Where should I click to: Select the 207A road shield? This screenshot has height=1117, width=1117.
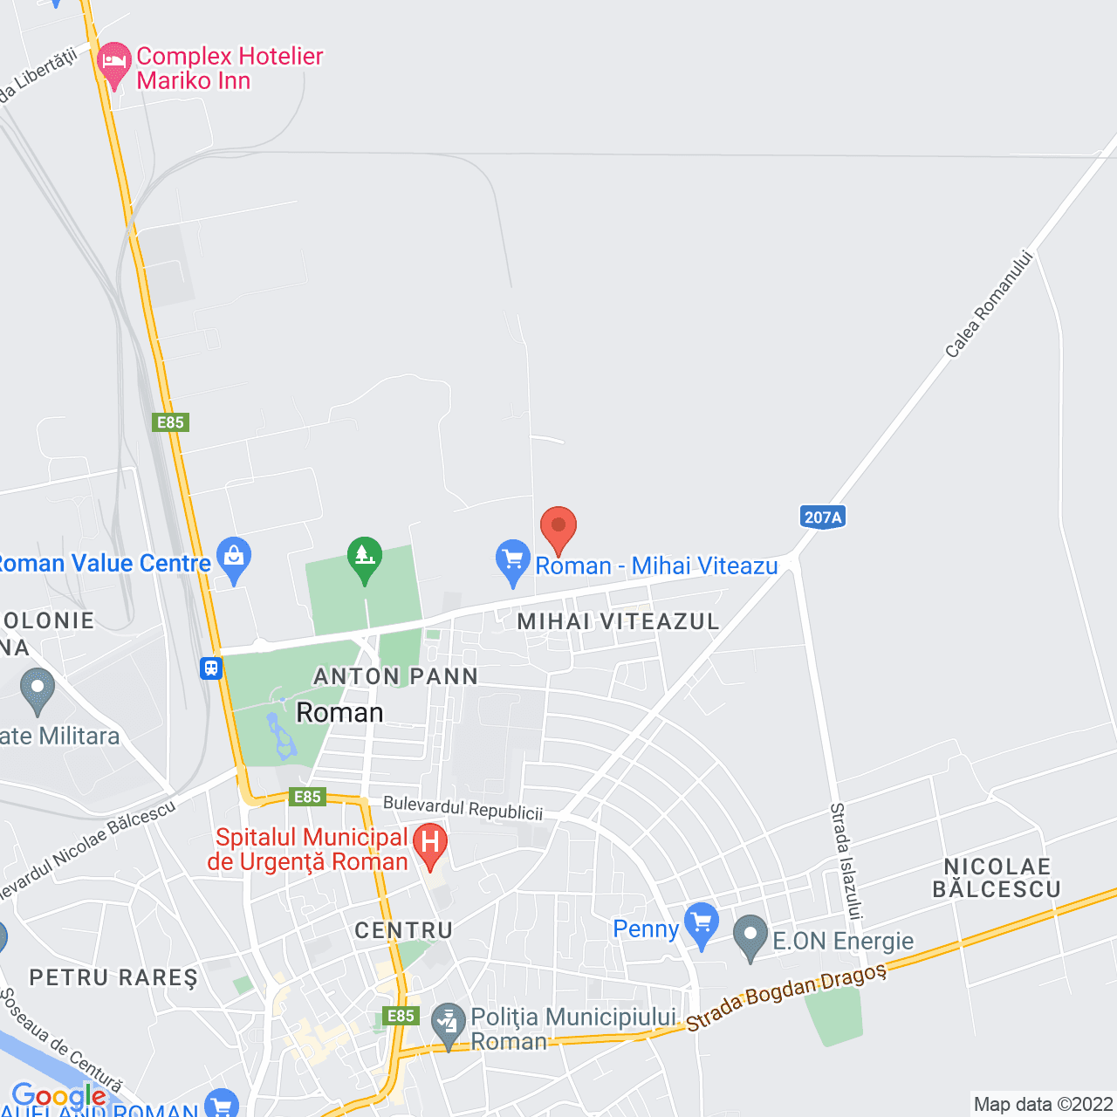click(x=822, y=517)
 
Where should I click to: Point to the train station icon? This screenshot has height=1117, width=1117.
click(x=211, y=668)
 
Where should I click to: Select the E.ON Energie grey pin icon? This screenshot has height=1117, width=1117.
click(x=750, y=936)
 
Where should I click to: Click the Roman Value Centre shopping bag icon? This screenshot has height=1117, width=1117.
click(x=234, y=558)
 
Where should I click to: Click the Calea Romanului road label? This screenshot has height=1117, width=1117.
click(x=989, y=305)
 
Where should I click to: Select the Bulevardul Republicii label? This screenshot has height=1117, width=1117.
click(x=463, y=809)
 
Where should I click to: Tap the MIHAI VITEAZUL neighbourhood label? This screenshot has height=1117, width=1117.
click(x=618, y=621)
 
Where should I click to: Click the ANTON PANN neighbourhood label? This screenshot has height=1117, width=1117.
click(x=395, y=676)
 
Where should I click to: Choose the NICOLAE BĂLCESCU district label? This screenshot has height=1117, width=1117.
click(x=997, y=878)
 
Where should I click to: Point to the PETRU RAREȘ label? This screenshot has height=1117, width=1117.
click(x=113, y=977)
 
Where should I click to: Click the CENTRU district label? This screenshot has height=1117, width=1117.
click(x=404, y=931)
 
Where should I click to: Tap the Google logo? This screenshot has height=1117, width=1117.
click(x=58, y=1096)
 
